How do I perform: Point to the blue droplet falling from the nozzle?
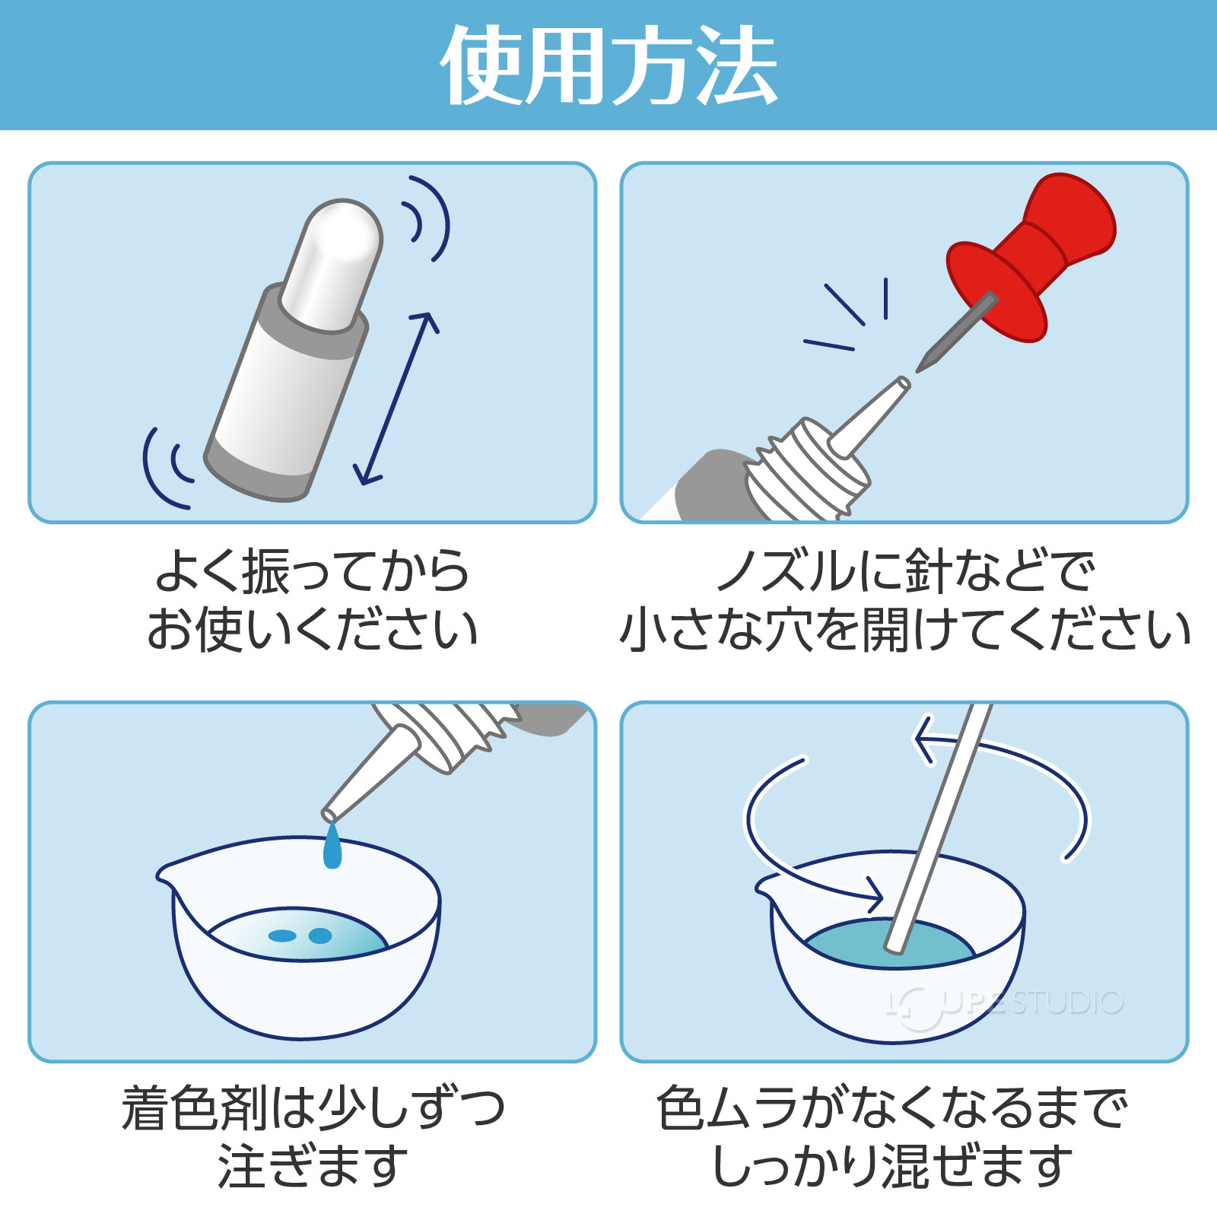[x=332, y=849]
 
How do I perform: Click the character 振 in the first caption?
[x=265, y=572]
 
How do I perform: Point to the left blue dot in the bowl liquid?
[x=282, y=936]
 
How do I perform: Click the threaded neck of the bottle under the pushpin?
[x=806, y=472]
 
